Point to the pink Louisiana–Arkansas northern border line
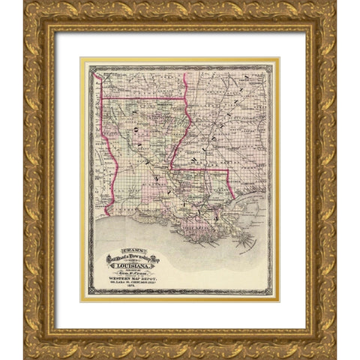pyautogui.click(x=142, y=97)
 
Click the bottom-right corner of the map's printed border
pyautogui.click(x=271, y=294)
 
